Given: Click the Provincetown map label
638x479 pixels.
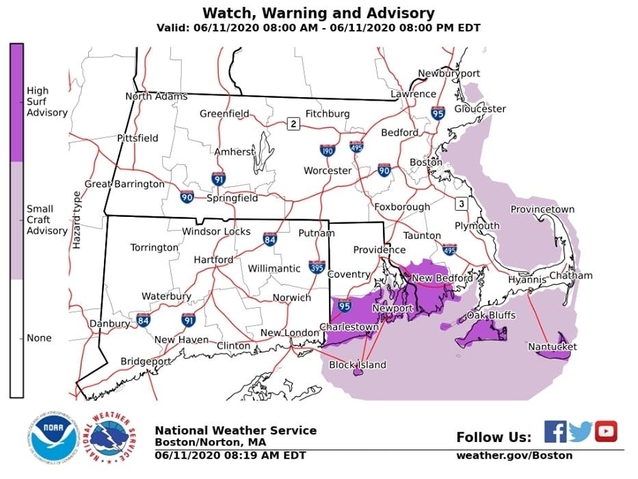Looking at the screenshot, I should click(542, 209).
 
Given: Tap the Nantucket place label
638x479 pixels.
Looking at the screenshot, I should click(552, 347).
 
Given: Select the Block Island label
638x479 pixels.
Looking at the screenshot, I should click(358, 365).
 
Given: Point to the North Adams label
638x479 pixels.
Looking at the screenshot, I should click(156, 96).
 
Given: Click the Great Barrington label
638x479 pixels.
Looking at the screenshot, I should click(124, 184).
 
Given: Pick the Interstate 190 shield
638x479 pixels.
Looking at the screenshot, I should click(328, 150).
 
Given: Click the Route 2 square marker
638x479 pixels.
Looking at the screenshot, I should click(293, 124).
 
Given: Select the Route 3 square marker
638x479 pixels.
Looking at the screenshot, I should click(462, 203).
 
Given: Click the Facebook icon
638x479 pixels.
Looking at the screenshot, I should click(555, 432).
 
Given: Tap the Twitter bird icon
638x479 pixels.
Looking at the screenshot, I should click(581, 432).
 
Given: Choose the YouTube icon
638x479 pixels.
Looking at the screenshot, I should click(606, 432).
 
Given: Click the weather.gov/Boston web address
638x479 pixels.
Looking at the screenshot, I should click(514, 455).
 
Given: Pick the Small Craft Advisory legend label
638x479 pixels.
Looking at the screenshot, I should click(46, 220).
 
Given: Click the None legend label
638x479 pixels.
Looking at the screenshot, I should click(39, 338).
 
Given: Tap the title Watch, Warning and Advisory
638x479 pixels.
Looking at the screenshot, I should click(318, 13).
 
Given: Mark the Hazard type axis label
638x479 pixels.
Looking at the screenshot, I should click(77, 220).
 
